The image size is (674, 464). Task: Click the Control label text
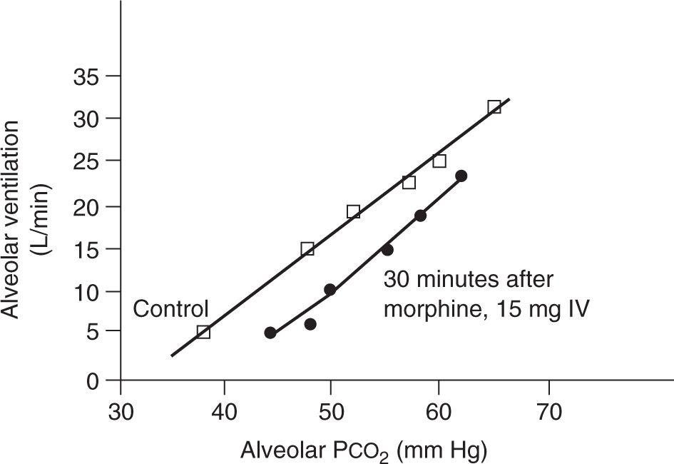[170, 309]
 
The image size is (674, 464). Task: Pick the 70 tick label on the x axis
[548, 412]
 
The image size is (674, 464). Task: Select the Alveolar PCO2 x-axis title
[364, 450]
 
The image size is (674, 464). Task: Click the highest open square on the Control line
[494, 107]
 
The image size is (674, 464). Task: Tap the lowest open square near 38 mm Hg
[203, 332]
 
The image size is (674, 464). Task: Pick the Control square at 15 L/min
[307, 249]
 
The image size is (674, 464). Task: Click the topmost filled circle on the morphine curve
[461, 176]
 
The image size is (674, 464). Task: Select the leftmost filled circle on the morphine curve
[270, 333]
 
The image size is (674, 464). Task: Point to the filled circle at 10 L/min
[330, 290]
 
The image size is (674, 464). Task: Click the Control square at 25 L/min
[439, 161]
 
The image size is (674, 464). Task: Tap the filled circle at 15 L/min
[387, 250]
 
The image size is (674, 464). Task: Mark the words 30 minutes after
[469, 280]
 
